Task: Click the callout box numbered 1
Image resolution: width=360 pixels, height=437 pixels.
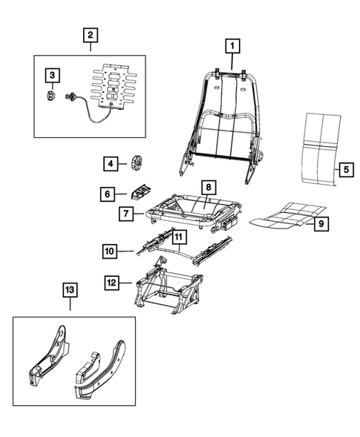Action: click(232, 47)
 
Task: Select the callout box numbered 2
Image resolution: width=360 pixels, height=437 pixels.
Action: click(89, 35)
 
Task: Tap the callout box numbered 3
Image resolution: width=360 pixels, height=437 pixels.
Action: click(52, 75)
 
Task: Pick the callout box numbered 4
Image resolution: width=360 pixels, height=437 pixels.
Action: click(110, 163)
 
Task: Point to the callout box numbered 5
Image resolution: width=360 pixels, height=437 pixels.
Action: click(346, 169)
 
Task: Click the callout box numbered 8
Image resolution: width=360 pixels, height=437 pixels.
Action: click(209, 188)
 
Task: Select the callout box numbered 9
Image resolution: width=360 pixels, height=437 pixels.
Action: click(321, 223)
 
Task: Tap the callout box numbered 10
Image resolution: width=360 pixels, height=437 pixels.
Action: click(111, 253)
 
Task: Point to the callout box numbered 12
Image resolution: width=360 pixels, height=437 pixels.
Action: click(111, 282)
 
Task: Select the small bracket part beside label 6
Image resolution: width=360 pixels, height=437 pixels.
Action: click(139, 193)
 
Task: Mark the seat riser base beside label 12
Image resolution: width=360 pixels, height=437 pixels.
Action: click(169, 291)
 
